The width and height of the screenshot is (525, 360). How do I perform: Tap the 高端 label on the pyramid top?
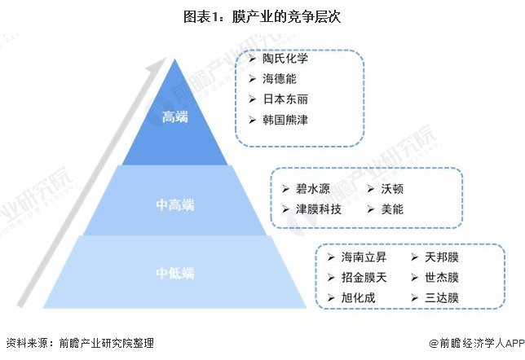pyautogui.click(x=175, y=117)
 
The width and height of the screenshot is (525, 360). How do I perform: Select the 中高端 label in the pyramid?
pyautogui.click(x=175, y=204)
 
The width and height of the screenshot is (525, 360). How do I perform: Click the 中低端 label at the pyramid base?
pyautogui.click(x=175, y=271)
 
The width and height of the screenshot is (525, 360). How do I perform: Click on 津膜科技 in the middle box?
pyautogui.click(x=319, y=209)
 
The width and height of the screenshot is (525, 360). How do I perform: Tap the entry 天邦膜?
pyautogui.click(x=441, y=257)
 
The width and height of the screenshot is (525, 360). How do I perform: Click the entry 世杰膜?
pyautogui.click(x=441, y=278)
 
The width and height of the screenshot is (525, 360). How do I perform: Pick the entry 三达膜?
pyautogui.click(x=441, y=298)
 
